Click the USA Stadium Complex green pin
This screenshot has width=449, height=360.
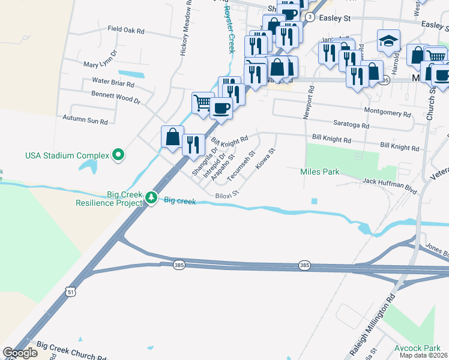pos(118,155)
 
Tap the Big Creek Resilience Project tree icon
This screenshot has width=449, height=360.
pos(152,197)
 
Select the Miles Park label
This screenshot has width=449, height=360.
pos(320,172)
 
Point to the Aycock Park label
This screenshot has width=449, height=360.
pos(417,348)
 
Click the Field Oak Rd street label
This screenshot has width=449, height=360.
pos(126,29)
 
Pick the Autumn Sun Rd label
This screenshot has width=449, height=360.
pos(85,120)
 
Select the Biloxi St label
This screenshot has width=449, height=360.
pos(227,194)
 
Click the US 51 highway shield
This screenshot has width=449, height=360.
pos(71,292)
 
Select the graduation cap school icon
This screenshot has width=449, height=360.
pos(388,41)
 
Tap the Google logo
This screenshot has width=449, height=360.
pos(20,353)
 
